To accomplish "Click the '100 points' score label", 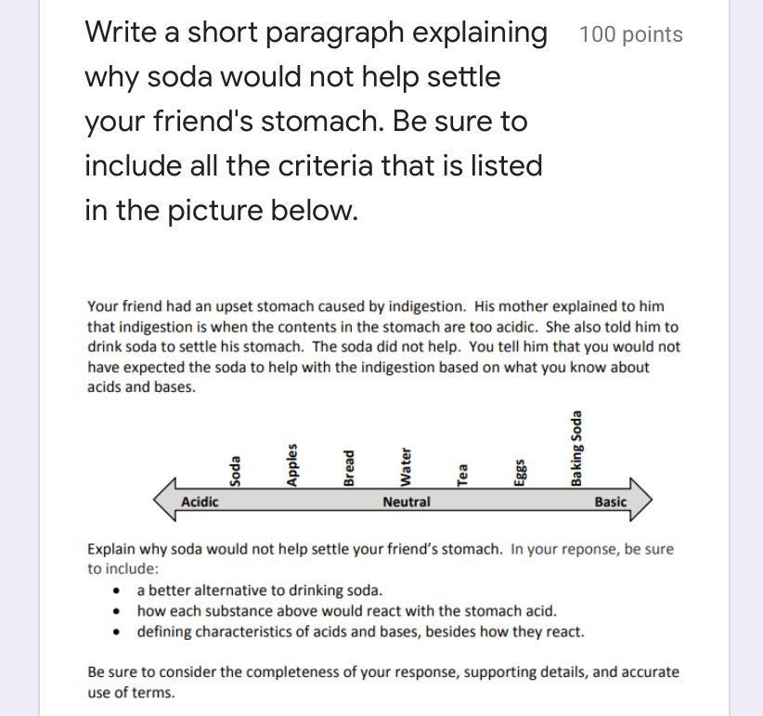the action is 631,35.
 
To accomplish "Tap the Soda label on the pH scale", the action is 235,471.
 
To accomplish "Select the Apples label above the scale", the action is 291,465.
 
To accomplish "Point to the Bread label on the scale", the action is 348,468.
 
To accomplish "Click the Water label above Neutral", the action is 406,467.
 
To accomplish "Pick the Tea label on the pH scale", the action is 462,475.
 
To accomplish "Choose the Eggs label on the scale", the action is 520,472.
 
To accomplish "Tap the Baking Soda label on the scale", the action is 576,449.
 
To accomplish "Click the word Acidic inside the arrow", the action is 200,501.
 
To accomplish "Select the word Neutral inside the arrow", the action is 407,501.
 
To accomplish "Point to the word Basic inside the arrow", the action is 610,501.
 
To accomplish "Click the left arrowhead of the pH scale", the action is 164,500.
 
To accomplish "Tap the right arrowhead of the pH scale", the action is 641,500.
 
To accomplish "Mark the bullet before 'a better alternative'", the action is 116,591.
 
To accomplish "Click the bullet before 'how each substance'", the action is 116,611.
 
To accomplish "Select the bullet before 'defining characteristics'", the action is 116,632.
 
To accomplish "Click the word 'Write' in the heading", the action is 120,33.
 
